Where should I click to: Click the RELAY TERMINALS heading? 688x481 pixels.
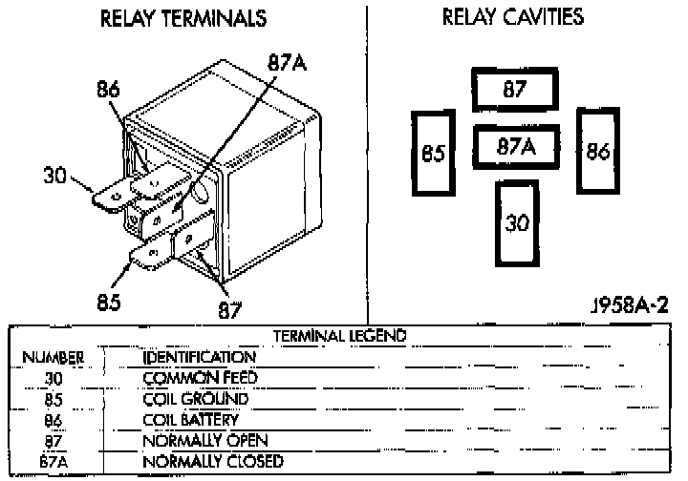tap(183, 19)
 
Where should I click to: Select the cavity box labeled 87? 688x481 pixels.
tap(516, 91)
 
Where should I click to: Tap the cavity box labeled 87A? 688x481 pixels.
tap(515, 148)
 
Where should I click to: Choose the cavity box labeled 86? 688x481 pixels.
tap(598, 151)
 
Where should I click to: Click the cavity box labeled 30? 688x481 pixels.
tap(516, 223)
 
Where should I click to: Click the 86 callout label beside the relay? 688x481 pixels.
tap(109, 91)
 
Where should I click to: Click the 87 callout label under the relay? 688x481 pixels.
tap(229, 309)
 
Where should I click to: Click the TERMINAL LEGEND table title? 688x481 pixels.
tap(339, 336)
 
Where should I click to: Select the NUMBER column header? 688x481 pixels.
tap(54, 357)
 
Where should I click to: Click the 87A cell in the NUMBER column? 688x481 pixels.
tap(54, 462)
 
